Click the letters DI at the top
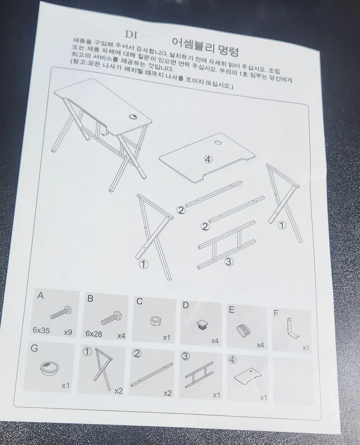131,35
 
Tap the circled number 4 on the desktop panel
208,159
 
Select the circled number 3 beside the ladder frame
229,262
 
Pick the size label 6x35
41,330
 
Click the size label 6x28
93,334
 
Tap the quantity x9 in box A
68,332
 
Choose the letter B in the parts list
90,299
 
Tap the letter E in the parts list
232,309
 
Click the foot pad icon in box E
243,330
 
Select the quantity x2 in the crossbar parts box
167,393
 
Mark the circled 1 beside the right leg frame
282,226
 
